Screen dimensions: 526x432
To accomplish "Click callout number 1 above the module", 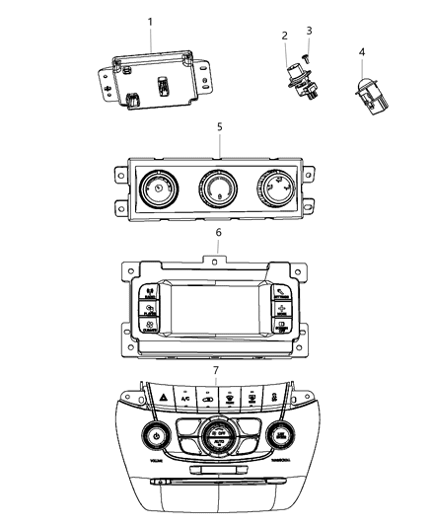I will (x=150, y=21).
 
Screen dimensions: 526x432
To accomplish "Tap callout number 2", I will (x=285, y=37).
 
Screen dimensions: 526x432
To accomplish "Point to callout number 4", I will (x=362, y=51).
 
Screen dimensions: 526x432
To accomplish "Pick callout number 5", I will (x=219, y=127).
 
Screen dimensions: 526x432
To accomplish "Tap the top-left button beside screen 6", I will (x=149, y=293).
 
